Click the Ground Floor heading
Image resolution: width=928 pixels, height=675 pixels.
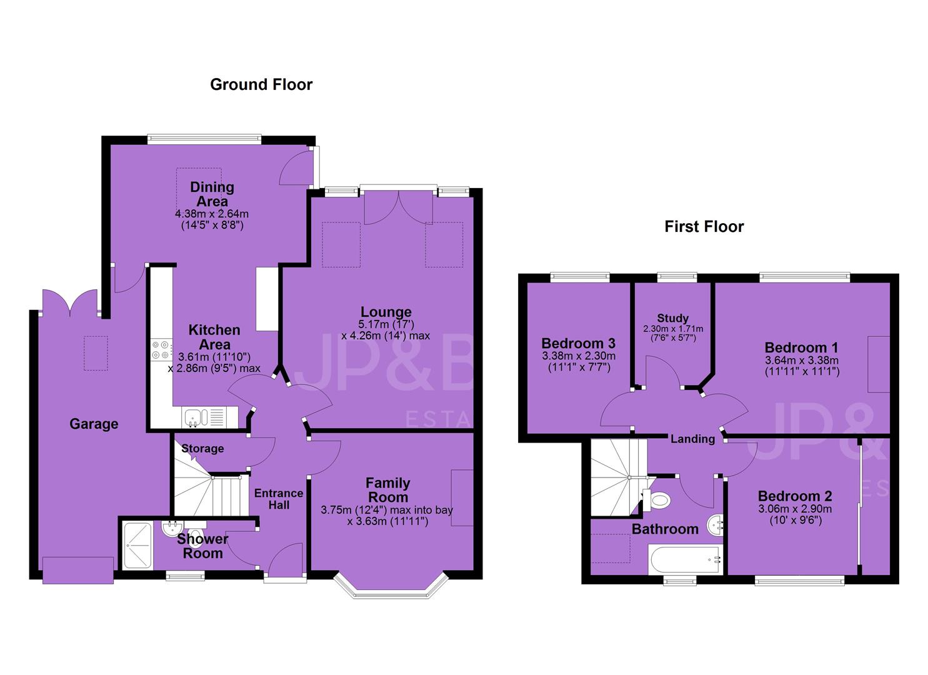click(261, 84)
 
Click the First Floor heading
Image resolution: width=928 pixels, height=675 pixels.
click(704, 227)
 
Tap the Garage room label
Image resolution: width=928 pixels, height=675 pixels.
click(94, 424)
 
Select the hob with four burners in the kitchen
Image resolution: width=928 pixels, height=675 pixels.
click(161, 350)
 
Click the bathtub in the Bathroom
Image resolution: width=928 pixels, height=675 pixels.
click(686, 560)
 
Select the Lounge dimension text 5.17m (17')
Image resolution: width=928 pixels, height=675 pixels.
click(386, 324)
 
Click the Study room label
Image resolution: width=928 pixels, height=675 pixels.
click(673, 318)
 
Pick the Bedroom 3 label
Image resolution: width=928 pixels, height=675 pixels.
click(578, 344)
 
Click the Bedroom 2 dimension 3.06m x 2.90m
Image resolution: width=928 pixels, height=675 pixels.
click(795, 509)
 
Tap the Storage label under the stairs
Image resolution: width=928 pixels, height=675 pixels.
click(202, 448)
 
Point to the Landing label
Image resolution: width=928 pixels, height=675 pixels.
click(692, 439)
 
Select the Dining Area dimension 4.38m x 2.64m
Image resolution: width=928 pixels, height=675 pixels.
click(212, 214)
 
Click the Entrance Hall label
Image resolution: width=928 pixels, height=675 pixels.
click(279, 499)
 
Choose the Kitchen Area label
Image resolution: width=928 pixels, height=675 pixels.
click(214, 337)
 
